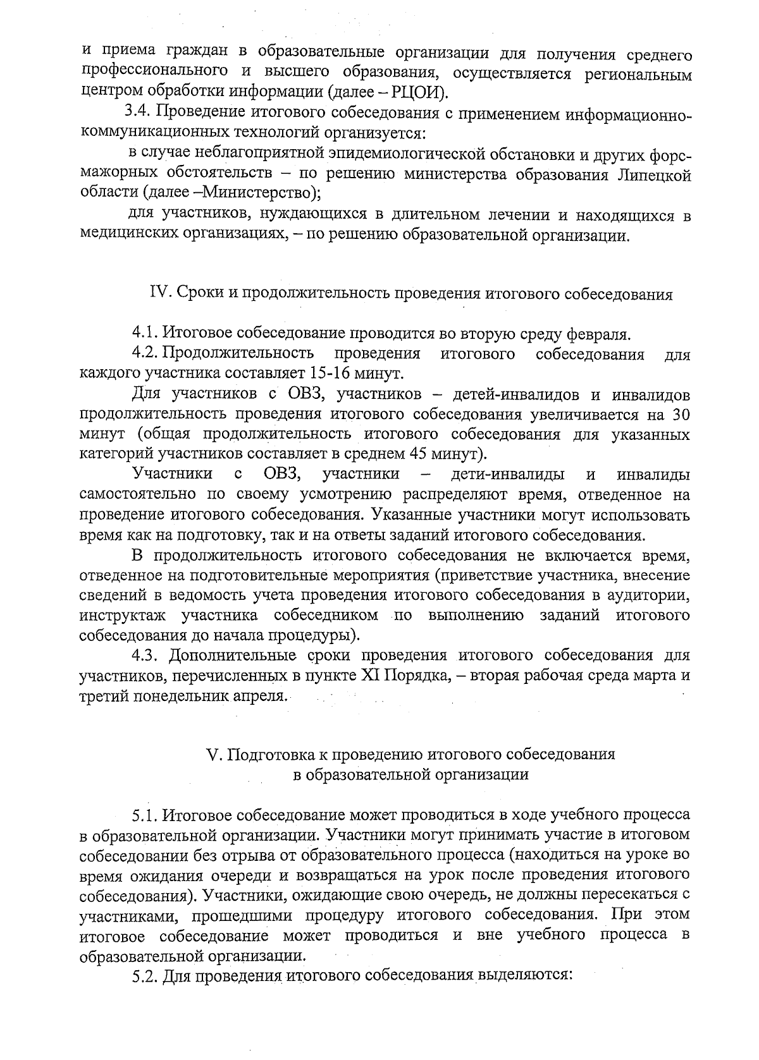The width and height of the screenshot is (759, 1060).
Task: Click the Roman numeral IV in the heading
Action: (x=157, y=294)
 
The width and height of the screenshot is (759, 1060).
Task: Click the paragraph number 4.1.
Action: (x=145, y=333)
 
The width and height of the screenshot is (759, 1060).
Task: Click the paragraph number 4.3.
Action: (x=146, y=654)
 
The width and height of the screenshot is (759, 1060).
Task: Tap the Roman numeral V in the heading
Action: (x=213, y=755)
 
